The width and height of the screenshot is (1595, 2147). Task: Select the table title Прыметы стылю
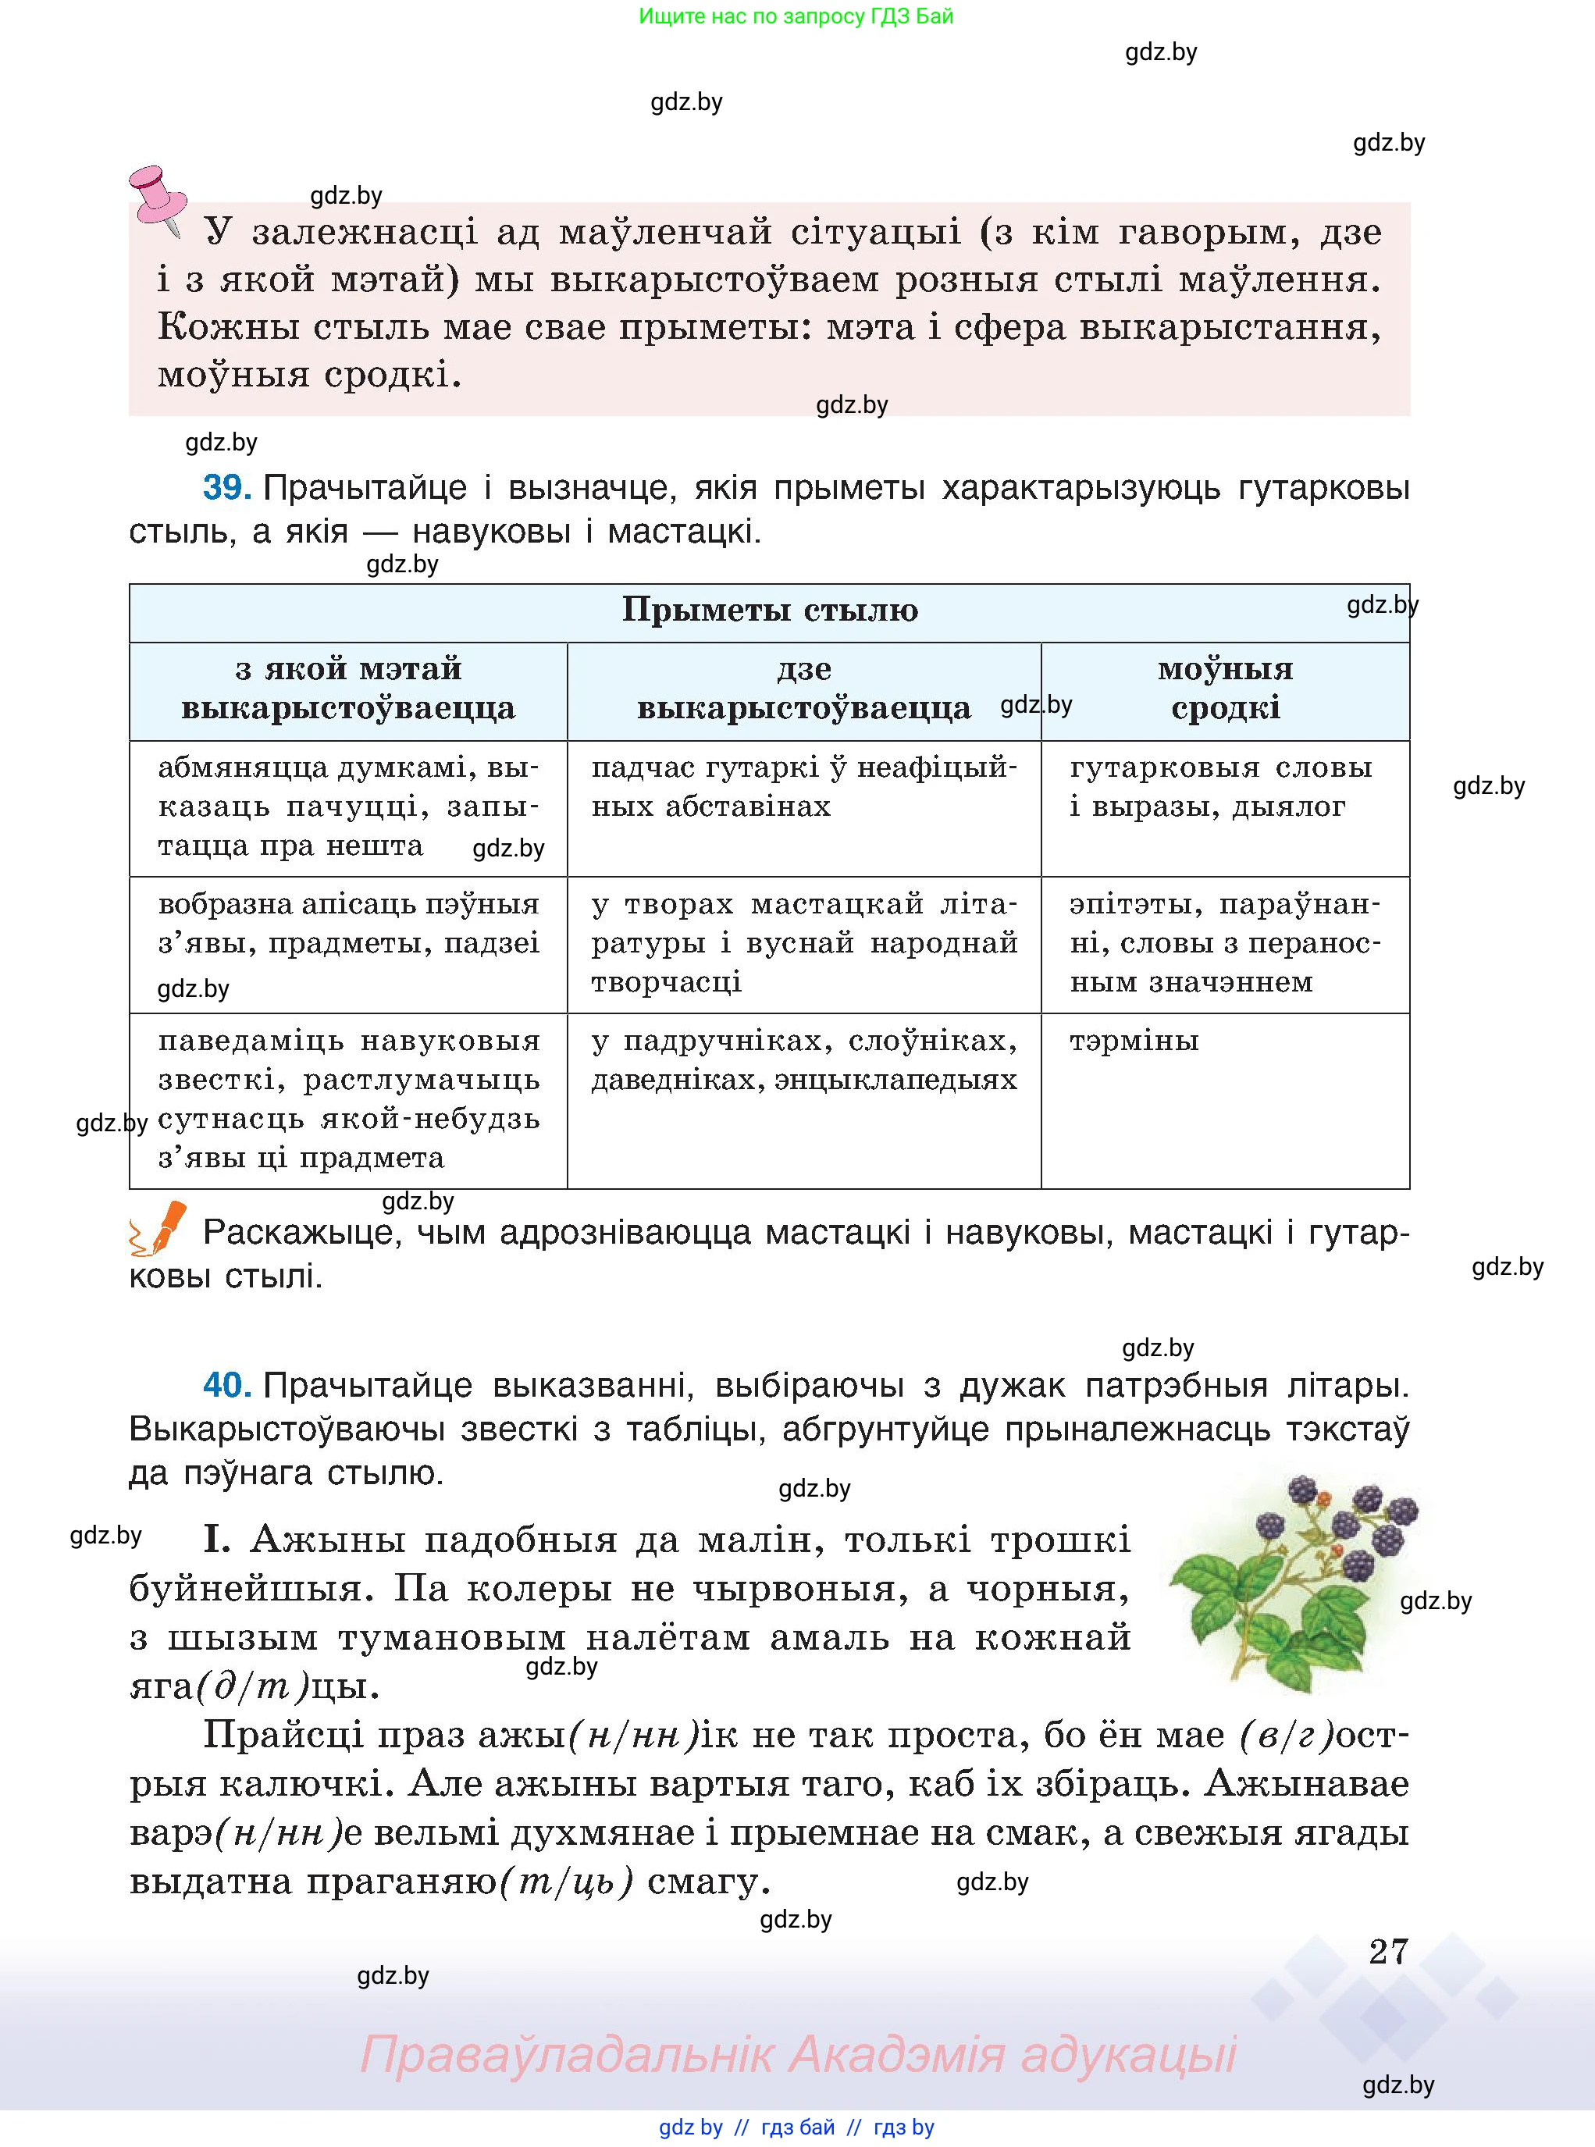pos(770,609)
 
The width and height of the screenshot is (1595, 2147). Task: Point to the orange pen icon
pos(158,1229)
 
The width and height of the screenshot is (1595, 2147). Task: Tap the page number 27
pos(1388,1951)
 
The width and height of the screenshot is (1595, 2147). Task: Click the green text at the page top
pos(796,16)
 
